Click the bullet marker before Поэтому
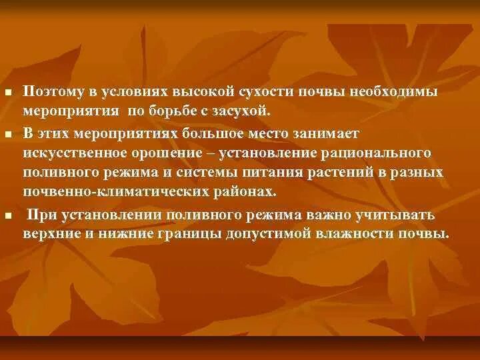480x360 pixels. point(7,92)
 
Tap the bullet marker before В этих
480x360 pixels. point(7,135)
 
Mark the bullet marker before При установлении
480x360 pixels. point(7,217)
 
